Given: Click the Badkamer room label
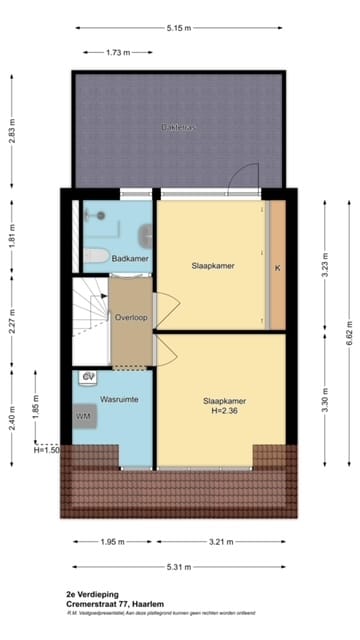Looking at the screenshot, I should click(131, 258).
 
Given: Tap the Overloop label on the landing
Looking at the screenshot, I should click(131, 317).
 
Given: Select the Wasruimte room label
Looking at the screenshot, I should click(119, 399).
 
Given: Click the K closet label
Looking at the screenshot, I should click(277, 267).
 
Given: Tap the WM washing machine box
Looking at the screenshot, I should click(82, 415).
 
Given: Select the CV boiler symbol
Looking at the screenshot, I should click(88, 377).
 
